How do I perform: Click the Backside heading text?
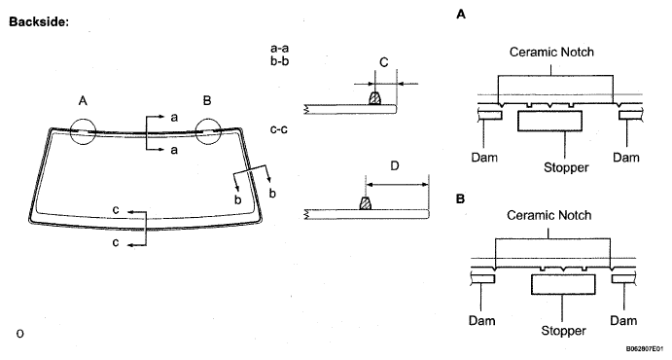pyautogui.click(x=39, y=21)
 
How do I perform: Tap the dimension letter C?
pyautogui.click(x=383, y=62)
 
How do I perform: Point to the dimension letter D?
pyautogui.click(x=395, y=165)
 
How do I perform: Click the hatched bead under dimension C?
pyautogui.click(x=375, y=98)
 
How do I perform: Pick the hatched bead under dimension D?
pyautogui.click(x=366, y=203)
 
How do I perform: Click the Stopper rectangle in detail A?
pyautogui.click(x=549, y=121)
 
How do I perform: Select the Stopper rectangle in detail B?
pyautogui.click(x=563, y=284)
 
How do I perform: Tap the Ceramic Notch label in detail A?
pyautogui.click(x=551, y=53)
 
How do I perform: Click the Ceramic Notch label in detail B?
pyautogui.click(x=549, y=215)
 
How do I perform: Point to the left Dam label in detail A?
pyautogui.click(x=484, y=158)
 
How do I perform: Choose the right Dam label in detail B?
pyautogui.click(x=623, y=320)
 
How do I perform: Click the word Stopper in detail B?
pyautogui.click(x=563, y=331)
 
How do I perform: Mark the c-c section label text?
pyautogui.click(x=278, y=129)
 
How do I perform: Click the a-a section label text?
pyautogui.click(x=279, y=49)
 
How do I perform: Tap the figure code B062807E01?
pyautogui.click(x=645, y=349)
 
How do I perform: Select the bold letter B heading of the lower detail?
pyautogui.click(x=461, y=199)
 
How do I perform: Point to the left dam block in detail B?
pyautogui.click(x=483, y=278)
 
